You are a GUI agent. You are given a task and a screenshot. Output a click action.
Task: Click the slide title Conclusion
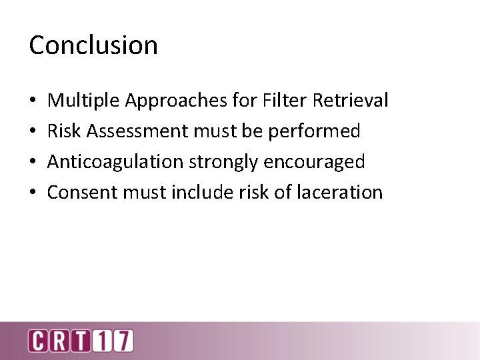click(x=93, y=45)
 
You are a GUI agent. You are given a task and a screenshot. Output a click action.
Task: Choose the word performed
click(x=314, y=131)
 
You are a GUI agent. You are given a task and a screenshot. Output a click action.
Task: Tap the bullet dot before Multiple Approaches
click(x=33, y=101)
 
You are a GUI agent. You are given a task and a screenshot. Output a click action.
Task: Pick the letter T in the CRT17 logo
click(x=82, y=341)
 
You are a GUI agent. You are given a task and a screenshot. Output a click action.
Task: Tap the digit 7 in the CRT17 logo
click(x=123, y=341)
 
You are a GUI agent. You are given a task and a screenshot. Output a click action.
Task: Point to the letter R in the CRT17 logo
click(x=60, y=341)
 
